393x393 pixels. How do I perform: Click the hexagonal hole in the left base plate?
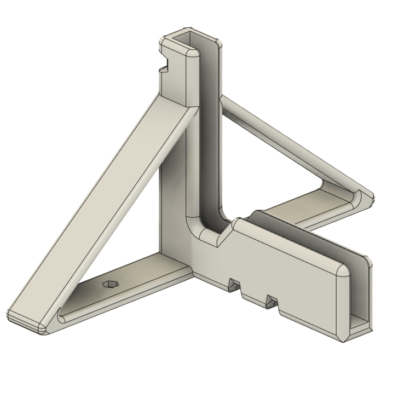tap(109, 284)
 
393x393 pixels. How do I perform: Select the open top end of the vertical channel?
tap(189, 39)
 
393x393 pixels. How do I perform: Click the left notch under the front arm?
tap(234, 284)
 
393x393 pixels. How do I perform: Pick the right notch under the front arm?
tap(270, 300)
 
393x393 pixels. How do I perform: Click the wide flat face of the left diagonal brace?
tap(104, 208)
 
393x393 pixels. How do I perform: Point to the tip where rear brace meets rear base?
tap(364, 197)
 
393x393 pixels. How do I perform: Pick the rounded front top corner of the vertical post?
tap(192, 55)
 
